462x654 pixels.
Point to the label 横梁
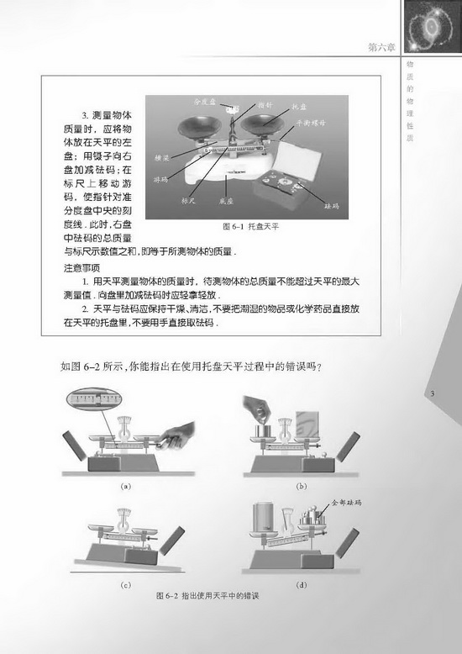click(162, 158)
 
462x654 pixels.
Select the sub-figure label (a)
click(127, 485)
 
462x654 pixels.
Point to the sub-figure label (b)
click(301, 485)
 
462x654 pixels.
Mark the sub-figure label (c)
click(127, 583)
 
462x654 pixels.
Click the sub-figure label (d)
click(301, 583)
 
